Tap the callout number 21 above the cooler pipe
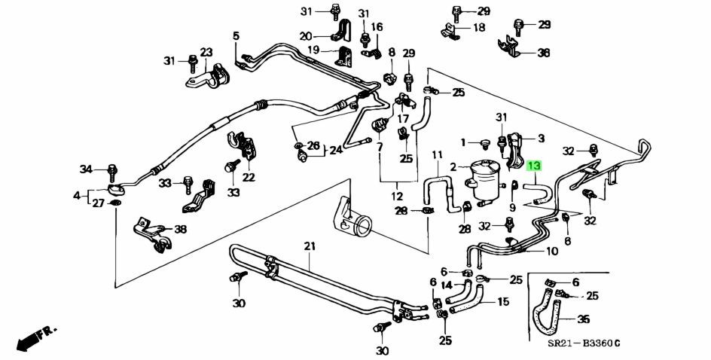(310, 246)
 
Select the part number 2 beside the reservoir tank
(453, 166)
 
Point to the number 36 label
(543, 53)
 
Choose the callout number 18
(479, 28)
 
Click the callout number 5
(236, 36)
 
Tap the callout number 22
(249, 178)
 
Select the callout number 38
(180, 229)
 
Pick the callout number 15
(502, 302)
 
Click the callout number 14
(446, 285)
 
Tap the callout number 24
(335, 149)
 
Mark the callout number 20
(305, 36)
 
